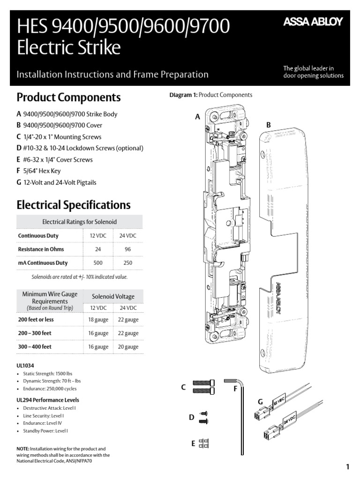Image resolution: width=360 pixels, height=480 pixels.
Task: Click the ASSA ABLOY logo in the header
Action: point(313,22)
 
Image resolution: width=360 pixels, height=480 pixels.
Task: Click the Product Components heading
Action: point(68,97)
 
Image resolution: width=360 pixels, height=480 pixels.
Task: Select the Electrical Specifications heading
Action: point(73,205)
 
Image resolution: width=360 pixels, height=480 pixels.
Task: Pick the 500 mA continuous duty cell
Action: point(98,263)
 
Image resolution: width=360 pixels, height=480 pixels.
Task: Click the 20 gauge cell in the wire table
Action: point(128,347)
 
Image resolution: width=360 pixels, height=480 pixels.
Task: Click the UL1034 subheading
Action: point(25,365)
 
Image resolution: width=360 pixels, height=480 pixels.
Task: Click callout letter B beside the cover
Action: point(269,125)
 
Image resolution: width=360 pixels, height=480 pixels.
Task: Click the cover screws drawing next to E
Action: point(204,443)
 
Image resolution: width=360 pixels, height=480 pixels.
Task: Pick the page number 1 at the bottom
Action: point(347,466)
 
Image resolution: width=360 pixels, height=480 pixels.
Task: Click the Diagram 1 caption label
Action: point(183,95)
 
